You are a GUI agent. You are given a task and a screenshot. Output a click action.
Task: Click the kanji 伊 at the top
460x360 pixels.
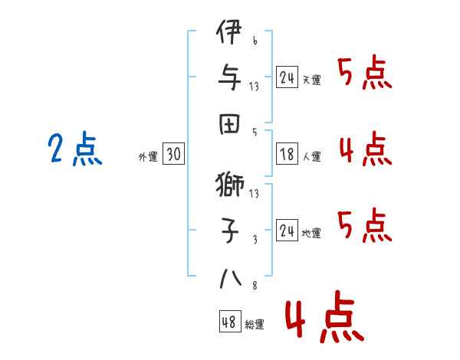230,34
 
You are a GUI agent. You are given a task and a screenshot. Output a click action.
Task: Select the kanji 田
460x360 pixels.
230,123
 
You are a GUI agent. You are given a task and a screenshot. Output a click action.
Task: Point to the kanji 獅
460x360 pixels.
230,185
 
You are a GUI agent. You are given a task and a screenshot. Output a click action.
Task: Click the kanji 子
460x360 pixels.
230,228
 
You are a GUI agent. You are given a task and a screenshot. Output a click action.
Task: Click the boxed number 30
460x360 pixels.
173,155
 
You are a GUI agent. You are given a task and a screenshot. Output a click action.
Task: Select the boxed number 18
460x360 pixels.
287,155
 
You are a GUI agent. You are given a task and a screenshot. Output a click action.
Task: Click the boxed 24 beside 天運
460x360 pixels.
287,77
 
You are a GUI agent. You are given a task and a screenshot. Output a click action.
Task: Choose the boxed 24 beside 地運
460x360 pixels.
287,231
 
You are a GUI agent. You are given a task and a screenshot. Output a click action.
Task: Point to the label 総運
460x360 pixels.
255,325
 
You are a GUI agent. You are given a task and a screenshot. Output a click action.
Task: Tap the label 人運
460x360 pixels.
312,157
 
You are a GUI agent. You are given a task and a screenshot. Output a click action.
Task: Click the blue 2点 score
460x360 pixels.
74,149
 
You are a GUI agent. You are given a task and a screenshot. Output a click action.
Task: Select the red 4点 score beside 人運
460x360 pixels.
365,148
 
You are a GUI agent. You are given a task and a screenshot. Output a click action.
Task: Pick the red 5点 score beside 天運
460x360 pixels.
365,74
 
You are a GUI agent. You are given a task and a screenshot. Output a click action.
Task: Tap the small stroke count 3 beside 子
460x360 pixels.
254,240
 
